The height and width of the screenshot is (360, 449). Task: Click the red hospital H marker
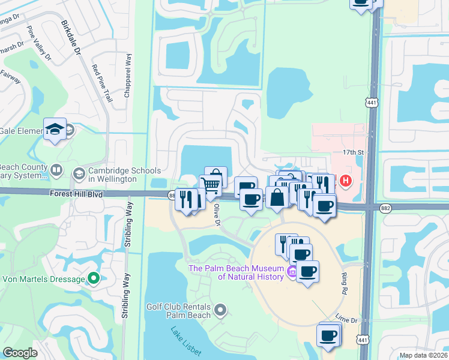346,180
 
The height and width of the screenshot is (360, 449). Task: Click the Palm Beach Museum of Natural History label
235,272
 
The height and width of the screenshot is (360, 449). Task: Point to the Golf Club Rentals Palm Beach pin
220,310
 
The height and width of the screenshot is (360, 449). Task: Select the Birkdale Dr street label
70,39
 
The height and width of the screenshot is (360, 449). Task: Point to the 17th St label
353,152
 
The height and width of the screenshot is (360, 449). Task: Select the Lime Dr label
346,319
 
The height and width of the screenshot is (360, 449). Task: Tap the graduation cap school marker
55,129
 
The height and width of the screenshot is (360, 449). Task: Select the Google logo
20,353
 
